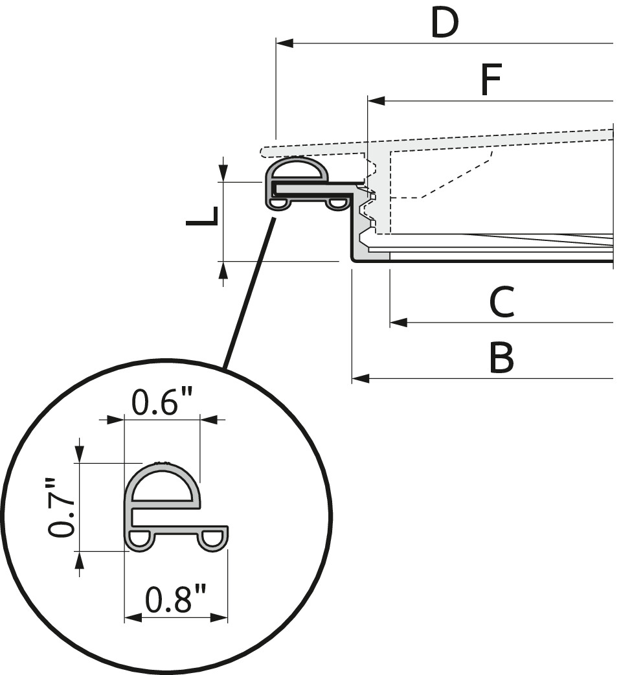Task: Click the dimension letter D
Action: [445, 23]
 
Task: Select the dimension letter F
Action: [491, 80]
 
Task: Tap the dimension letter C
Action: [502, 302]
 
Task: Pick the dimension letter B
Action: [501, 358]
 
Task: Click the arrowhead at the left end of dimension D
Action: [284, 43]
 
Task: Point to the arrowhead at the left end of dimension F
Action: [377, 101]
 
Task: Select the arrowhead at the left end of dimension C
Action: [398, 322]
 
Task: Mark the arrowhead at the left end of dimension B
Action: [361, 379]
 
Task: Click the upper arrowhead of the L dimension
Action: [223, 173]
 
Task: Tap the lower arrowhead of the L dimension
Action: [223, 270]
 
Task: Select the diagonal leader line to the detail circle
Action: [248, 293]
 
